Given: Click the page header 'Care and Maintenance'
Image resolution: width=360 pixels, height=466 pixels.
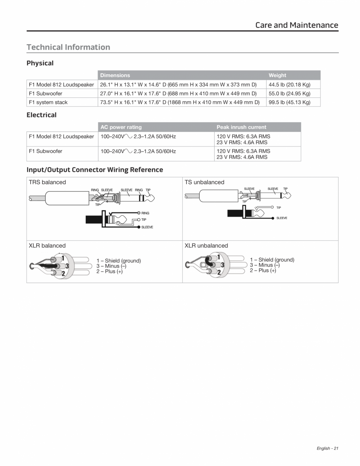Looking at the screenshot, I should [x=297, y=25].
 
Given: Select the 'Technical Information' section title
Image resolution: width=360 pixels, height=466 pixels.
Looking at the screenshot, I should [x=68, y=47].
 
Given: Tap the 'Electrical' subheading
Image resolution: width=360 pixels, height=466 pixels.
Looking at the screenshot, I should [x=42, y=115].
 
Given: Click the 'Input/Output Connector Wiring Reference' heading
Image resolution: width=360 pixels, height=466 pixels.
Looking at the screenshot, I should [x=95, y=170].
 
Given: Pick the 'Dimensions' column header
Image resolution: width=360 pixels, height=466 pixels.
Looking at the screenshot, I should [x=115, y=76].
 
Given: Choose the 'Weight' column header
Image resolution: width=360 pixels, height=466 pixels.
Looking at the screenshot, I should [x=277, y=76].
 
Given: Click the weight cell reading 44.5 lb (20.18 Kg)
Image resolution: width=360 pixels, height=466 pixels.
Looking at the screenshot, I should [x=289, y=85].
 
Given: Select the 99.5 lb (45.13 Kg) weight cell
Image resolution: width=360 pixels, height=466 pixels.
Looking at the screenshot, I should [x=289, y=103].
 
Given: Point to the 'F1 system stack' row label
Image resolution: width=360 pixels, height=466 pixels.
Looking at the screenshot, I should [x=48, y=103].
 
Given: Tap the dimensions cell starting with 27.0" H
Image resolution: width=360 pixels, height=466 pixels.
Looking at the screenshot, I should [x=178, y=94].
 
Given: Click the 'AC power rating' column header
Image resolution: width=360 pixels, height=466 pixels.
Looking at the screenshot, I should [x=121, y=127].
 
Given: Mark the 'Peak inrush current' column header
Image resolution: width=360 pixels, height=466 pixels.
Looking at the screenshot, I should [x=241, y=127].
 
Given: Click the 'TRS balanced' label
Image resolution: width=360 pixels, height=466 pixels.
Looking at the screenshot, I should [x=47, y=182].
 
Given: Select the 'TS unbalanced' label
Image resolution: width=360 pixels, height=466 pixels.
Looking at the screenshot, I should [x=204, y=182].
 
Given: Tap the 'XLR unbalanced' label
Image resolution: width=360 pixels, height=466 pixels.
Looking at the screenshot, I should [x=206, y=246].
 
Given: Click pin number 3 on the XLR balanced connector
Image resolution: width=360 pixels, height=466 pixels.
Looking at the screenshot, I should [x=67, y=266].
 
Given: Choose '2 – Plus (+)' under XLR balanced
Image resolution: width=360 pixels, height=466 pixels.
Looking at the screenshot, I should [x=109, y=272].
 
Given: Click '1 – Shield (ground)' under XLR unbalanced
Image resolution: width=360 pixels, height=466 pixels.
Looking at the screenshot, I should [x=272, y=260].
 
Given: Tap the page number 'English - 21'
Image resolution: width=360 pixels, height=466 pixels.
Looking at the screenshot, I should [x=327, y=448].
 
